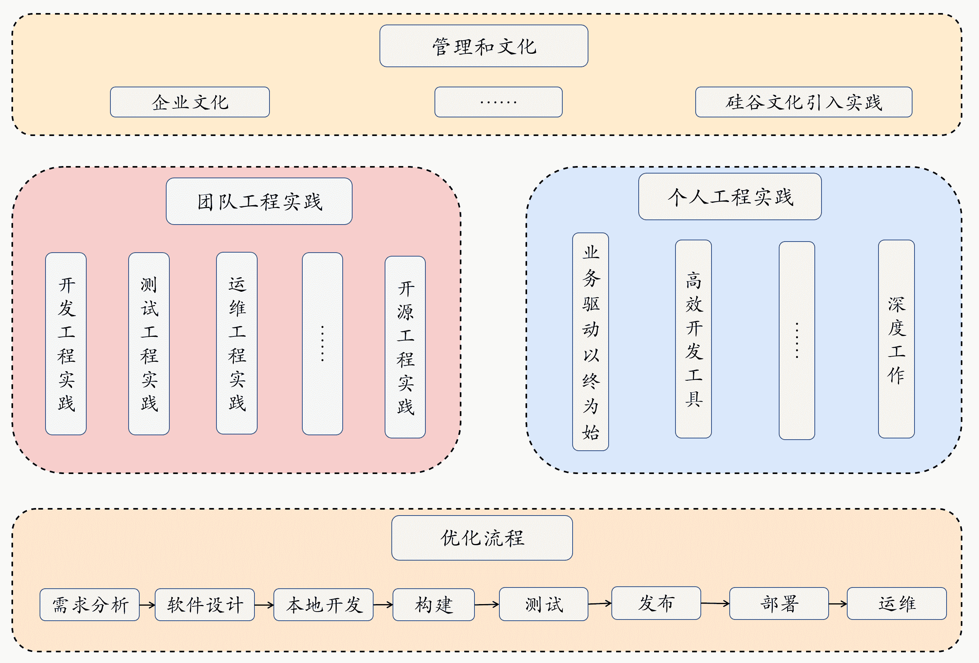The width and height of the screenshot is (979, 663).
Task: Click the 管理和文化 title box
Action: tap(484, 46)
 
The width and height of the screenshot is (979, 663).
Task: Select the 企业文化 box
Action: tap(190, 102)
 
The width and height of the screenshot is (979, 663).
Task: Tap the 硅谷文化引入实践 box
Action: tap(803, 102)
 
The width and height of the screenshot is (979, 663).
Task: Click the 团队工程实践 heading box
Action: tap(259, 201)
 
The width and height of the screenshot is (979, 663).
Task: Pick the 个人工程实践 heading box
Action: tap(730, 196)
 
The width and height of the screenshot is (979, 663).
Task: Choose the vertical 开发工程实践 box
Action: tap(66, 344)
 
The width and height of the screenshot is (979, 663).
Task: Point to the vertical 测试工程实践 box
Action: tap(149, 344)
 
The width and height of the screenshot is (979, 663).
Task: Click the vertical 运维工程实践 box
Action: tap(237, 343)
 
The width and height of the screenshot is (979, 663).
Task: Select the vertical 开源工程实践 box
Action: tap(405, 347)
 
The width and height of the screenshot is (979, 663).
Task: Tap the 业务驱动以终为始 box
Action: tap(590, 342)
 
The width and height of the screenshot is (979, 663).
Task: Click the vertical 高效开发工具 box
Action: tap(693, 339)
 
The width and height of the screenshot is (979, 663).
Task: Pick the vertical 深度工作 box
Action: tap(896, 339)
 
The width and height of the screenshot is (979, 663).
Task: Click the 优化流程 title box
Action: tap(482, 538)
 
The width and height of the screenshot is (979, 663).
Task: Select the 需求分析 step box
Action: tap(90, 604)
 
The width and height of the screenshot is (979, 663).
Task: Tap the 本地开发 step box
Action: tap(324, 604)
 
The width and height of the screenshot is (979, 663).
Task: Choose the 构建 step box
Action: tap(433, 604)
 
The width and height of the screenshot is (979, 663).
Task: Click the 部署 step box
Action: tap(779, 604)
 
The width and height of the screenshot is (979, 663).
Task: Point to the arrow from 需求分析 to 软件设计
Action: tap(148, 605)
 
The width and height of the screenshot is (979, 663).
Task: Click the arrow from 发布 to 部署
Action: tap(715, 603)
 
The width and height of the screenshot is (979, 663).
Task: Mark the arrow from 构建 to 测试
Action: tap(487, 604)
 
